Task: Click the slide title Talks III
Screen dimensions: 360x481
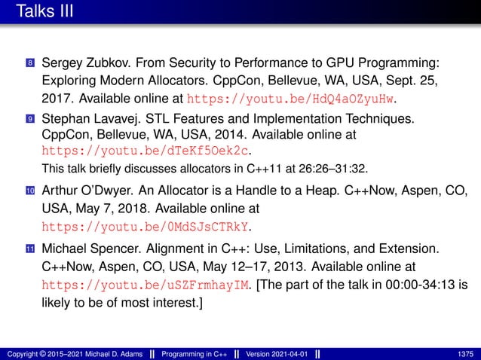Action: tap(42, 11)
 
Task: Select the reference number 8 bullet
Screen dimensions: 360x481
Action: tap(30, 62)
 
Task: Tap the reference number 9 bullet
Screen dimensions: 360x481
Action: tap(30, 119)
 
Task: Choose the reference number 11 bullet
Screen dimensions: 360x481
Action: tap(30, 249)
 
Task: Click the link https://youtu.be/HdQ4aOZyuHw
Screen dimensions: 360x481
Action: tap(291, 98)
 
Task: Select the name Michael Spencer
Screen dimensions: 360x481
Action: tap(84, 249)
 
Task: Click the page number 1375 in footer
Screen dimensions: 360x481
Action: tap(465, 352)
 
